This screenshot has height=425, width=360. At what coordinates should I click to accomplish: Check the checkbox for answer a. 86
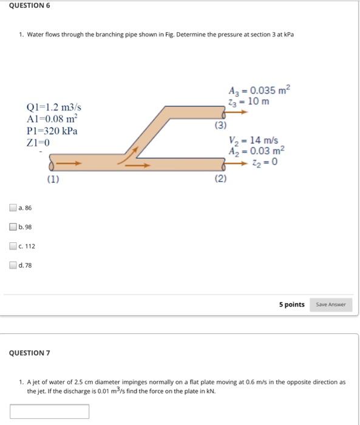point(13,208)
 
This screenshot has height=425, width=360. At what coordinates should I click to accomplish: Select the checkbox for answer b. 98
point(13,227)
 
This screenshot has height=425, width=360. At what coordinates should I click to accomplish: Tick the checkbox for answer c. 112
point(13,246)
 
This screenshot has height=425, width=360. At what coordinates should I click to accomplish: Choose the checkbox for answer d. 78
point(13,265)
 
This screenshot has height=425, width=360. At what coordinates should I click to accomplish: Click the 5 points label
point(291,304)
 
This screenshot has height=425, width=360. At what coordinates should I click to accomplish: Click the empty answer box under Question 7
point(49,412)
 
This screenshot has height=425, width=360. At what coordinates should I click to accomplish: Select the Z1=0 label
point(38,143)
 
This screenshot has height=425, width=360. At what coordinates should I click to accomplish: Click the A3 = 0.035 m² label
point(259,91)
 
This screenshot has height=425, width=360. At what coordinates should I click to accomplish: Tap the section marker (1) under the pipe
point(53,179)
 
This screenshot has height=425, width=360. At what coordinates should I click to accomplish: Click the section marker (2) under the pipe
point(220,179)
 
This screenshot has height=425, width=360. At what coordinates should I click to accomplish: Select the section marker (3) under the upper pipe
point(220,126)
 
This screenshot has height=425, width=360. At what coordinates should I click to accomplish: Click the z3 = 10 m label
point(247,101)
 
